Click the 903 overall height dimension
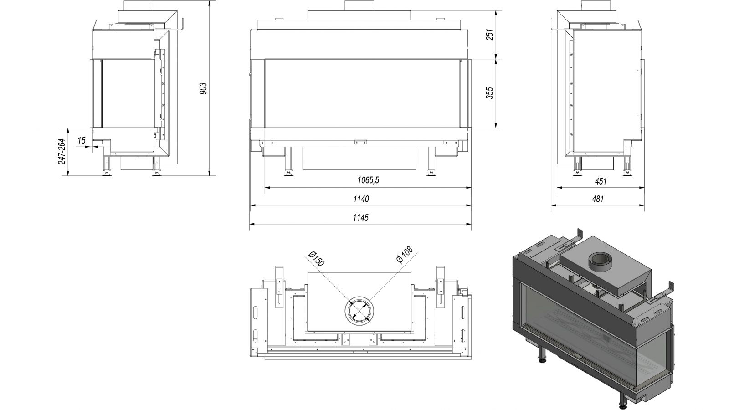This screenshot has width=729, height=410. (203, 88)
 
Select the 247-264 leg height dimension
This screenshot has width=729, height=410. (62, 151)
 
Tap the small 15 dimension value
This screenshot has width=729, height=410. (82, 140)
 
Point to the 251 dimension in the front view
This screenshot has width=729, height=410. (490, 35)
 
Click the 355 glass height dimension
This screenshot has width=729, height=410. (490, 93)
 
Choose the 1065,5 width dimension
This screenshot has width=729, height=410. (369, 180)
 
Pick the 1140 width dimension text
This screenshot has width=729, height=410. (361, 199)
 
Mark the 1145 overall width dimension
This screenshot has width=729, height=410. (361, 217)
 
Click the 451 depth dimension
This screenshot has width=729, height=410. (601, 181)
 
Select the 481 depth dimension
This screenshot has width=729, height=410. (598, 199)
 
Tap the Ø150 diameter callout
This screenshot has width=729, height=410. (316, 259)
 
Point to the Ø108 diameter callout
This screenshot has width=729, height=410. (405, 255)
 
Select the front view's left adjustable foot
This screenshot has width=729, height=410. (288, 161)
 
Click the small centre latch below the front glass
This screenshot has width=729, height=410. (360, 142)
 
